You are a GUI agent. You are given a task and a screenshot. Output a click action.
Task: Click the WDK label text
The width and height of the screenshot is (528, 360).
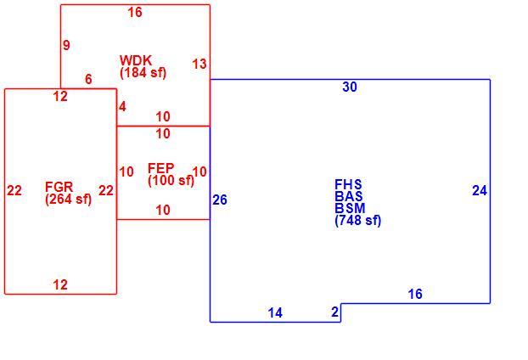point(136,60)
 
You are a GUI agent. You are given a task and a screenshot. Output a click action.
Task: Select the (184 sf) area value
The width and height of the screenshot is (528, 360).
point(143,73)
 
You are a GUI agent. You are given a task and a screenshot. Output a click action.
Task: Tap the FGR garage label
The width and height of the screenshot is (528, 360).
point(59,187)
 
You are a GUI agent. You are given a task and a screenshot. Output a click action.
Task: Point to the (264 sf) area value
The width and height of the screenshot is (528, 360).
point(69,200)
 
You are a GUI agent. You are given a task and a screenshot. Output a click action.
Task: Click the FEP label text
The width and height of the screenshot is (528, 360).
point(161,168)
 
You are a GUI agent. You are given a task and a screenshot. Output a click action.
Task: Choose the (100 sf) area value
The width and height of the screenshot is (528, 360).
point(171,181)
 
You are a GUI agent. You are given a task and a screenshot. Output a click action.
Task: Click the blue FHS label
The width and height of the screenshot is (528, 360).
point(348,184)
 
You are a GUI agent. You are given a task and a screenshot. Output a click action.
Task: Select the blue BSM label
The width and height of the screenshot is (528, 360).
point(350,208)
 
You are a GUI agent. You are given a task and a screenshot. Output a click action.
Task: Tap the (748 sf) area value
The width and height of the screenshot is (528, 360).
point(358,221)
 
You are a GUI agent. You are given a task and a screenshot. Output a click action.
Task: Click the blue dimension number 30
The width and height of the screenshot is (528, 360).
point(350,87)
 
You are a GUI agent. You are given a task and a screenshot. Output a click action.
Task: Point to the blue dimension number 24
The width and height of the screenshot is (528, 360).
point(480,191)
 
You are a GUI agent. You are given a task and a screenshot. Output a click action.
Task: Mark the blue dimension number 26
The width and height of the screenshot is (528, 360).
point(220,200)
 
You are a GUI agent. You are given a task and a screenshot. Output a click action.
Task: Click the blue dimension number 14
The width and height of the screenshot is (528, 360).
point(275,313)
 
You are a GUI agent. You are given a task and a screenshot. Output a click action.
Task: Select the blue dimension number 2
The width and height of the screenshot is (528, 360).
point(334,312)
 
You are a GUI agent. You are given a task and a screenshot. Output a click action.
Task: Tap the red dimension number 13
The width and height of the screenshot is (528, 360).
point(199,64)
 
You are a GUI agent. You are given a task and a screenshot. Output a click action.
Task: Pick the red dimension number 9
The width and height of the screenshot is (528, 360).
point(67,45)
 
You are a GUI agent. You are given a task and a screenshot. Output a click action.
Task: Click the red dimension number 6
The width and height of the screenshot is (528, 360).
point(88,80)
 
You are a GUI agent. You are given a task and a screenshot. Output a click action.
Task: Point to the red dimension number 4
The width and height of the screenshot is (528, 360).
point(122,107)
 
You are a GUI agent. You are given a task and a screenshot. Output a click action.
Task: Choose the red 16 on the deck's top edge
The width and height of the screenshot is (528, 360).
point(135,13)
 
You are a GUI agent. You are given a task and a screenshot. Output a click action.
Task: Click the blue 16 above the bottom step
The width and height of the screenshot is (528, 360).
point(415,295)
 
